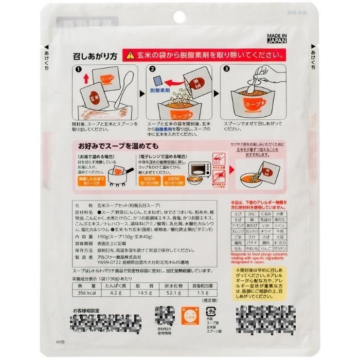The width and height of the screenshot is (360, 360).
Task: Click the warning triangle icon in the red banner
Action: [130, 55]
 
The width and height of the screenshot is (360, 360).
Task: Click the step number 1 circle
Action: [78, 69]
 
